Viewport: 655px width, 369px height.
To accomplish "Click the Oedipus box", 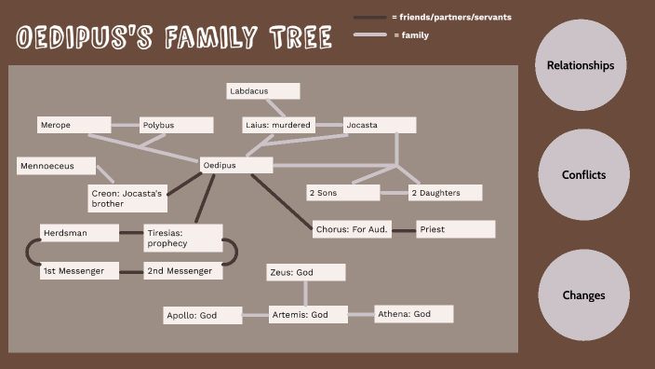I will coord(236,165).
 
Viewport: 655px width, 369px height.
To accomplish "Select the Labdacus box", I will coord(263,91).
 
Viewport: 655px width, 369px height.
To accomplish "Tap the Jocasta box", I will coord(379,124).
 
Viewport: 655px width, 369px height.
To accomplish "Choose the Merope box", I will coord(74,124).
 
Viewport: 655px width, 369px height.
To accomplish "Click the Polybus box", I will coord(177,124).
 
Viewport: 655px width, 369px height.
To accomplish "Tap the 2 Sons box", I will coord(343,193).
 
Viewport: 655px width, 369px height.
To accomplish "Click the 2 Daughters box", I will coord(446,193).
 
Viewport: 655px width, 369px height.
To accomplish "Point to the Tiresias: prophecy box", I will coord(183,238).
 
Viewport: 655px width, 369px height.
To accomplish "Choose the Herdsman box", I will coord(79,232).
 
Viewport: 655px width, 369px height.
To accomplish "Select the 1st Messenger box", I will coord(79,271).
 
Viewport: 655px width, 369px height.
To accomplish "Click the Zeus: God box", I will coord(305,272).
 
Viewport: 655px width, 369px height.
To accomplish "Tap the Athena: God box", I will coord(413,314).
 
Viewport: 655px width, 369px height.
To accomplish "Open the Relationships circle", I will coord(581,65).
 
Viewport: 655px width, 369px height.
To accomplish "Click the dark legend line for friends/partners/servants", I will coord(369,18).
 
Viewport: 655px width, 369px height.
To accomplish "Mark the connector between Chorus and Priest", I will coord(402,229).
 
